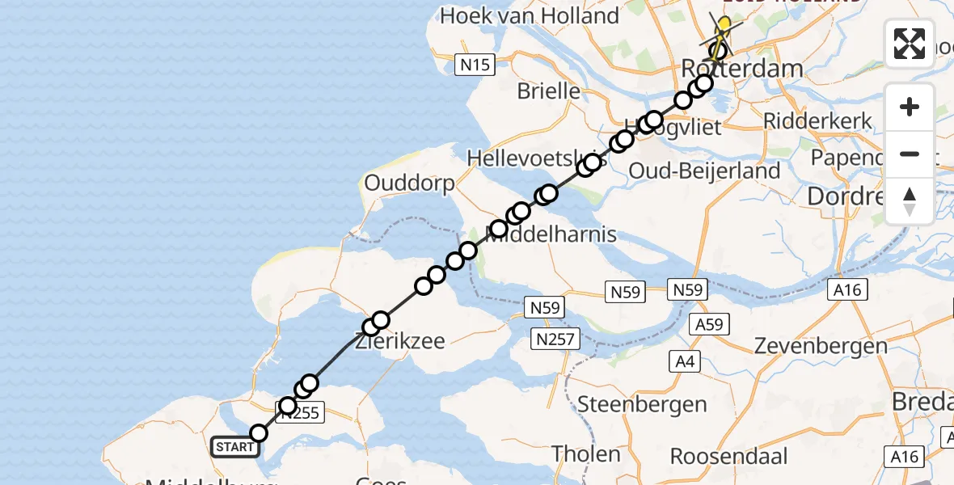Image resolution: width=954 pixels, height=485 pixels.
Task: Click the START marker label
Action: point(235,446)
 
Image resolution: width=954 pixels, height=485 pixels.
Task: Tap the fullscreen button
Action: point(910,44)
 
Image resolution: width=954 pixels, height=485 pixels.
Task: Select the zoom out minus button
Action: point(910,154)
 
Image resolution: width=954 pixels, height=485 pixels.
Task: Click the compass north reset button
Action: point(910,201)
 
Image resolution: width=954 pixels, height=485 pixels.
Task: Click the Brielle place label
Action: point(549,91)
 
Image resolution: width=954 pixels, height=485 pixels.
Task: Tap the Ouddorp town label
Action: point(410,183)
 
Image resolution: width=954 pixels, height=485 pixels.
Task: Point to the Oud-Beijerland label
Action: point(704,171)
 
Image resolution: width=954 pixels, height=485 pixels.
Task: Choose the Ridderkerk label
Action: point(818,121)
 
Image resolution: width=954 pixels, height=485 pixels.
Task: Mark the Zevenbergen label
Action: point(821,346)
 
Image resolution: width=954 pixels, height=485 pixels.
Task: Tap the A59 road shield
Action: point(709,325)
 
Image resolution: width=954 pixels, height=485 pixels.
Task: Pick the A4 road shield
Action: point(685,361)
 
